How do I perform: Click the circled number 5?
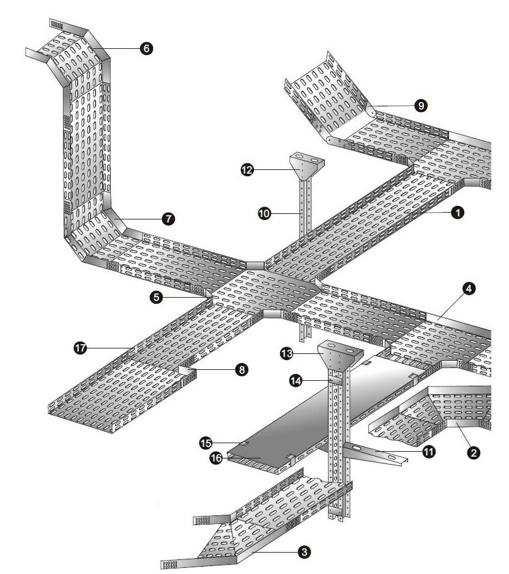pyautogui.click(x=158, y=298)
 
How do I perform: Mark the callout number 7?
pyautogui.click(x=166, y=218)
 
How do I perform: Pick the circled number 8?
pyautogui.click(x=242, y=370)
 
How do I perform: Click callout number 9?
pyautogui.click(x=420, y=106)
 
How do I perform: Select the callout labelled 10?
pyautogui.click(x=264, y=213)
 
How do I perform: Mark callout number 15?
pyautogui.click(x=206, y=441)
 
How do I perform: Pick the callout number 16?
pyautogui.click(x=217, y=457)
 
